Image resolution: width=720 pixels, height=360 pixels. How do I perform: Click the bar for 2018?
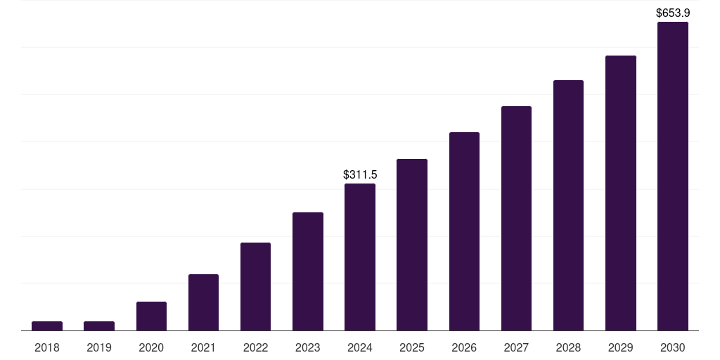[47, 326]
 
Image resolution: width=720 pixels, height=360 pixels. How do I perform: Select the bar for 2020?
[151, 316]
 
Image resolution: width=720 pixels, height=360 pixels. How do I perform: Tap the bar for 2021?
[203, 302]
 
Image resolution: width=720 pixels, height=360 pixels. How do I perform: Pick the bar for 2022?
[255, 286]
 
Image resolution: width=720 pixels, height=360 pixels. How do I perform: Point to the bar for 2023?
[308, 271]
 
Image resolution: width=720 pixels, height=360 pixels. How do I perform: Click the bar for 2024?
[360, 257]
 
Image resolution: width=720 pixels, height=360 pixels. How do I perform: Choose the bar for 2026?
[464, 231]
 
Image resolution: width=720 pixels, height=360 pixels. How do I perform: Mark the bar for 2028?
[568, 205]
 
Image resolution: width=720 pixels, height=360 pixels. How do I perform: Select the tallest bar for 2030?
[673, 176]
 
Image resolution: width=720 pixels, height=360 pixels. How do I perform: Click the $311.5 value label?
[360, 174]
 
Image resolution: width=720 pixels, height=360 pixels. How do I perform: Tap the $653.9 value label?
[673, 13]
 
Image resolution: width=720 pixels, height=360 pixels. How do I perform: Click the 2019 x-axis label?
[99, 347]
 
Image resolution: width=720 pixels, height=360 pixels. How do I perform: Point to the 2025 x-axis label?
[412, 347]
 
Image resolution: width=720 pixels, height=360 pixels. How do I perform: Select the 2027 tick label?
[516, 347]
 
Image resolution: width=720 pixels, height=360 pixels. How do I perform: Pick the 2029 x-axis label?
[621, 347]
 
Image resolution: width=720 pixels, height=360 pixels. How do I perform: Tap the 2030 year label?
[673, 347]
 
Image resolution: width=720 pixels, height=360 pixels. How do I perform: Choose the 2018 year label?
[47, 347]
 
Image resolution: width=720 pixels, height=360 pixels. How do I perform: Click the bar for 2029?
[621, 193]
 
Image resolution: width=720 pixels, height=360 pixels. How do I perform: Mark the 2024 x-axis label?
[360, 347]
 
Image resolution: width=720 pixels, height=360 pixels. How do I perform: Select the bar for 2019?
[99, 326]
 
